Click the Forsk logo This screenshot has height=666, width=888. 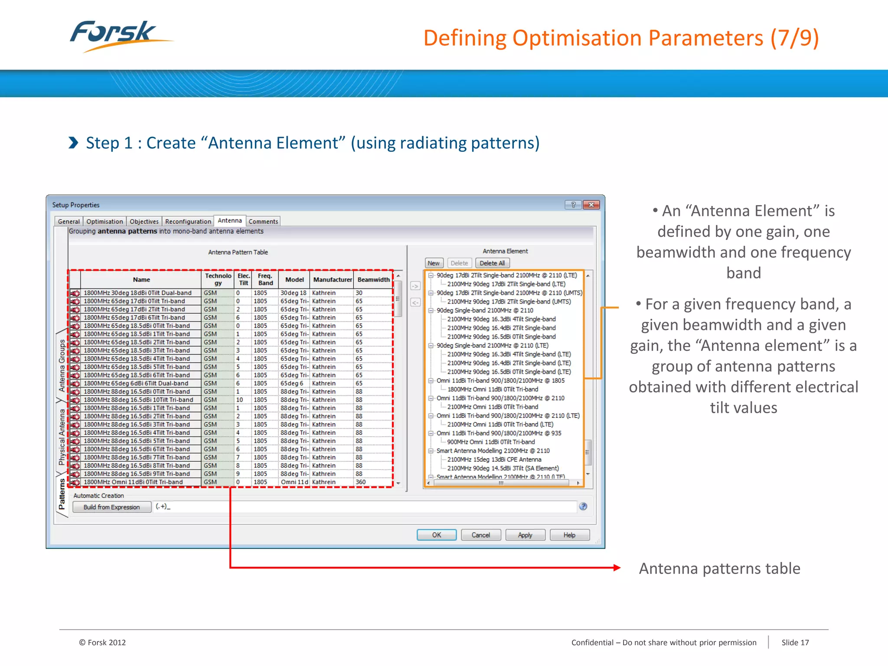tap(117, 36)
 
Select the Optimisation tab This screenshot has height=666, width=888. tap(104, 222)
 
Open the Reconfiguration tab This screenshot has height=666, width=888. tap(188, 222)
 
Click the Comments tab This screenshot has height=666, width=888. tap(263, 222)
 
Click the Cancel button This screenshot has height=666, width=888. tap(480, 535)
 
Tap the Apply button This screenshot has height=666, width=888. tap(525, 535)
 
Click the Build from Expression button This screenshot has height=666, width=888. tap(111, 507)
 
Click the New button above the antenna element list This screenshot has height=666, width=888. tap(433, 263)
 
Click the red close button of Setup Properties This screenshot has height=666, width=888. tap(591, 205)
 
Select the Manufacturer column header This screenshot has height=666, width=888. tap(332, 280)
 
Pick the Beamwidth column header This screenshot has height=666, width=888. tap(373, 280)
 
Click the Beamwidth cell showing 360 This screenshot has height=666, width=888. tap(361, 482)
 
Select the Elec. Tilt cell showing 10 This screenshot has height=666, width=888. tap(239, 400)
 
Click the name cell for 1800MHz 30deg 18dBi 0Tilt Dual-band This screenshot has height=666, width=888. tap(137, 293)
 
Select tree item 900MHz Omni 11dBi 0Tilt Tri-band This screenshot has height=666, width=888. tap(491, 442)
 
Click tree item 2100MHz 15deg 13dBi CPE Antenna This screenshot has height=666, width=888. tap(494, 460)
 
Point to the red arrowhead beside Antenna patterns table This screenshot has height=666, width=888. tap(617, 568)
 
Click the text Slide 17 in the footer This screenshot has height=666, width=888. tap(795, 643)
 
